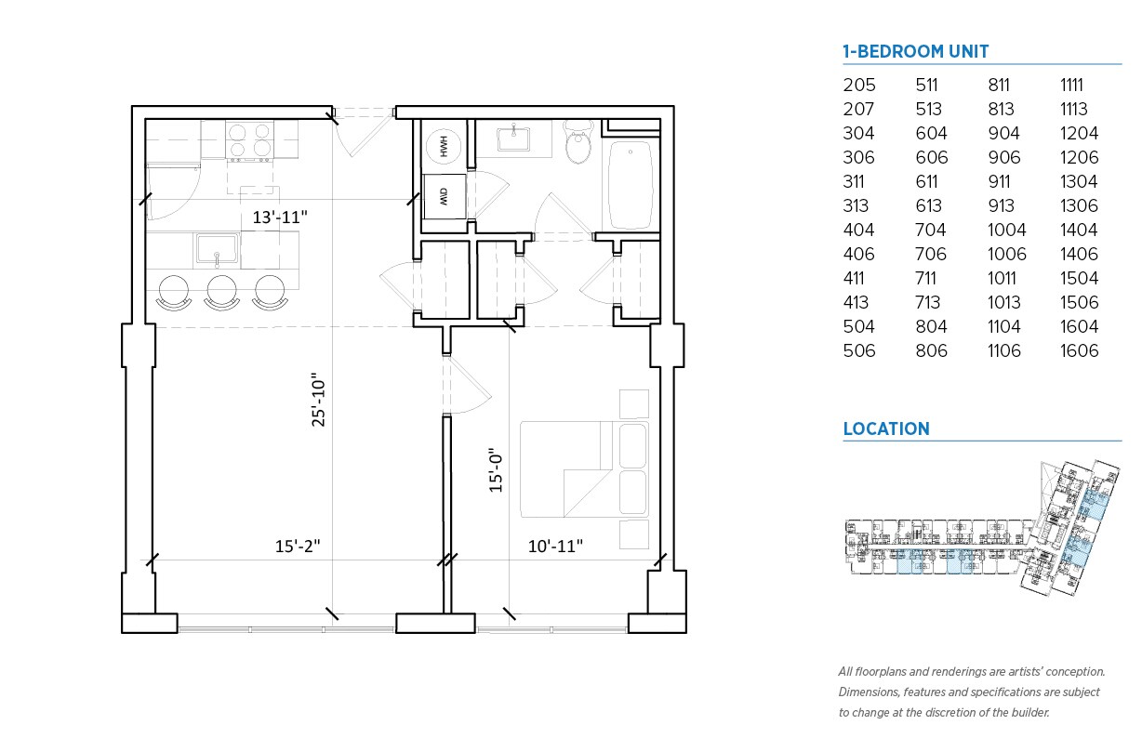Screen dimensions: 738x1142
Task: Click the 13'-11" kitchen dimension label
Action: pos(280,217)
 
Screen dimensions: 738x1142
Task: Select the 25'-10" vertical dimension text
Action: pos(319,402)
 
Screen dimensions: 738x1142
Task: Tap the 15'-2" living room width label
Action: pos(297,547)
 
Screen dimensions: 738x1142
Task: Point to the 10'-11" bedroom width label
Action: pos(556,547)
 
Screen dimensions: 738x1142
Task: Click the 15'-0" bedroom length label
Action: pos(496,468)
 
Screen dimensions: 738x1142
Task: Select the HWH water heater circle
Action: pos(444,147)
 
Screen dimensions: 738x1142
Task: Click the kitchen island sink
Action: pos(217,249)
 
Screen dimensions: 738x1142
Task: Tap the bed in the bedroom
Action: pos(584,469)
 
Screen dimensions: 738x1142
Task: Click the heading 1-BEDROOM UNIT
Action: pos(915,52)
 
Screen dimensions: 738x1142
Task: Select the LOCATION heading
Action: pos(885,429)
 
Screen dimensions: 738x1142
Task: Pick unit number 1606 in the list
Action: pos(1079,351)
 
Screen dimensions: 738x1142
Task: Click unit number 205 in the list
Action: pos(859,85)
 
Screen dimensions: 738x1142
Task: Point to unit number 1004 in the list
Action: pos(1006,231)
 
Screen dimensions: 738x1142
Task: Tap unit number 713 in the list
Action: pos(931,303)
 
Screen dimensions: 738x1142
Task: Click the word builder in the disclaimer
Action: pos(1028,713)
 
